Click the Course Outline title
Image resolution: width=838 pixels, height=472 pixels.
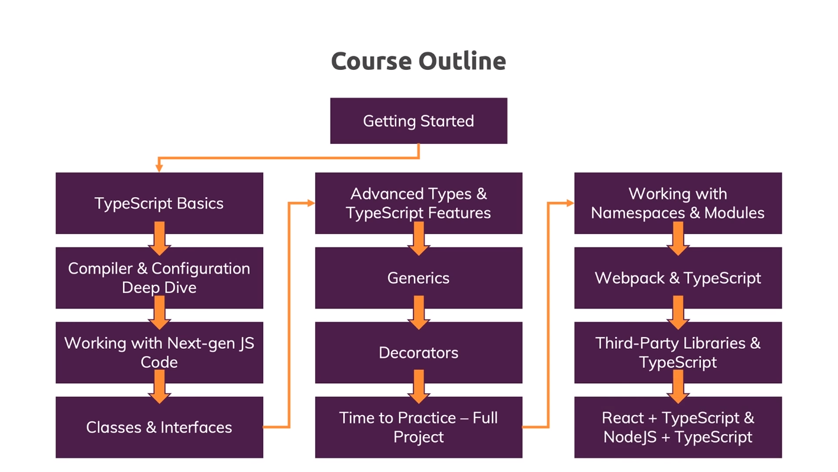(419, 61)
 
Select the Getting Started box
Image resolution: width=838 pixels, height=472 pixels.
(419, 121)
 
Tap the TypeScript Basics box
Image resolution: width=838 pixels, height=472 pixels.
(159, 203)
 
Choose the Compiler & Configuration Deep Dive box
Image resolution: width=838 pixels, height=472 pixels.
(159, 278)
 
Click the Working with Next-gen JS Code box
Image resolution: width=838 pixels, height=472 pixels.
(159, 352)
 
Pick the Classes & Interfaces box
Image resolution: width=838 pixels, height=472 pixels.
(159, 427)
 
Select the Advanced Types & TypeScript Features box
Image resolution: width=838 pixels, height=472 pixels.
(419, 203)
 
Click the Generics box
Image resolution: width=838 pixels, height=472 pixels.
(419, 278)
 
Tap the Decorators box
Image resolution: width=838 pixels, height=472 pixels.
(419, 352)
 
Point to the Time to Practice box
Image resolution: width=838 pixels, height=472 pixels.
(419, 427)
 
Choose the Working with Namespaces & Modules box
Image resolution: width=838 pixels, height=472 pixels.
(678, 203)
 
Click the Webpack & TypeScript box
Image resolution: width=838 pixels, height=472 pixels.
(678, 278)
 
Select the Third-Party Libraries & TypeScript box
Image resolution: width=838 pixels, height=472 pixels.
(678, 352)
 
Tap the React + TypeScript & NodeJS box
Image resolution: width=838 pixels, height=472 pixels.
(678, 427)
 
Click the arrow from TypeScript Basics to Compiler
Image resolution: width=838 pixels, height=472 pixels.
(159, 239)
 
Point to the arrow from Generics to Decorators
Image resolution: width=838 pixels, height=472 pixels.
(419, 313)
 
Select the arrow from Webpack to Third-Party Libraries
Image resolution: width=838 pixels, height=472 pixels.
(678, 313)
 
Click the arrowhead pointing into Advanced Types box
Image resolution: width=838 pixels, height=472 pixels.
(311, 203)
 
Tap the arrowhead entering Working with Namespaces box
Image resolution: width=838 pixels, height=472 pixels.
(571, 203)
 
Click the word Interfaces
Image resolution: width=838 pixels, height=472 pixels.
(196, 428)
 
